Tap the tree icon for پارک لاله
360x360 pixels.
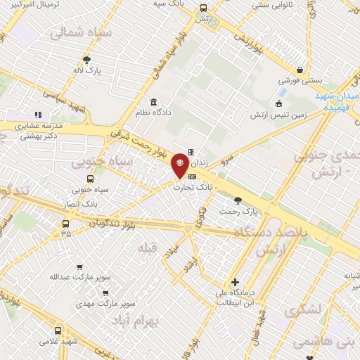pyautogui.click(x=87, y=60)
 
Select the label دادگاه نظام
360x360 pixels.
pyautogui.click(x=153, y=113)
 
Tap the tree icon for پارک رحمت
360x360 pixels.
pyautogui.click(x=238, y=200)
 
